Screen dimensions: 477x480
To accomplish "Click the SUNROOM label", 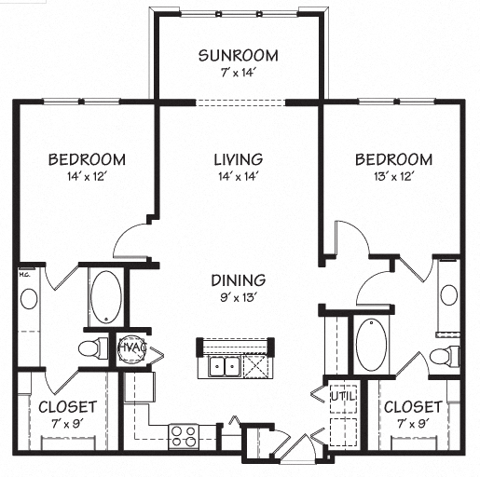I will (238, 55).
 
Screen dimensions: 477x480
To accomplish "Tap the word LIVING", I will (238, 159).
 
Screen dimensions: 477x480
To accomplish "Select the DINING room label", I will (238, 279).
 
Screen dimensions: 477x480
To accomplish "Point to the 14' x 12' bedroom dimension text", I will (87, 177).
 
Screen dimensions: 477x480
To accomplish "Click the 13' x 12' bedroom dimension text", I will (392, 177).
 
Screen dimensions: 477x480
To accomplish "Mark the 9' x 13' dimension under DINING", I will (238, 297).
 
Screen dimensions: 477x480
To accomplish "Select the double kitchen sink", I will (225, 366).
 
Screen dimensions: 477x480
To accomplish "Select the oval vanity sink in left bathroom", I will (29, 299).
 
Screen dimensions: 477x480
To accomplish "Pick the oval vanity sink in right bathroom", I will (449, 295).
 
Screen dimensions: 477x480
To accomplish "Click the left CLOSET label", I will (67, 407).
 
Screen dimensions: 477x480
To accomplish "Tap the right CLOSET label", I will (412, 407).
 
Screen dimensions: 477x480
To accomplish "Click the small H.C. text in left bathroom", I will (25, 275).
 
